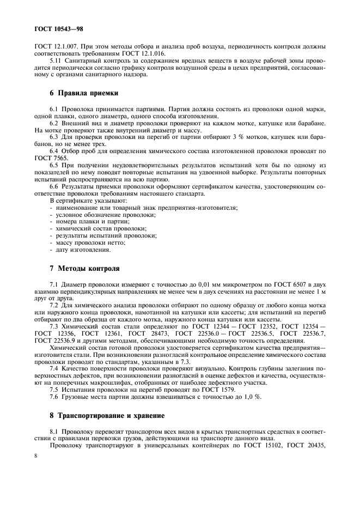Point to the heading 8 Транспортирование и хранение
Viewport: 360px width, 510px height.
pyautogui.click(x=107, y=415)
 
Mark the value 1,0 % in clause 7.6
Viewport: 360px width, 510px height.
pyautogui.click(x=252, y=397)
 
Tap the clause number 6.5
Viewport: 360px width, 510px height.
pyautogui.click(x=55, y=165)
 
